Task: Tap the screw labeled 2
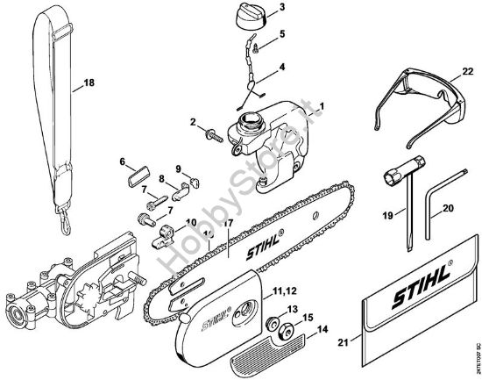click(211, 134)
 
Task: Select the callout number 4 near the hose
click(281, 67)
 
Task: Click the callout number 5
click(281, 35)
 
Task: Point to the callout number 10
click(191, 224)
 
